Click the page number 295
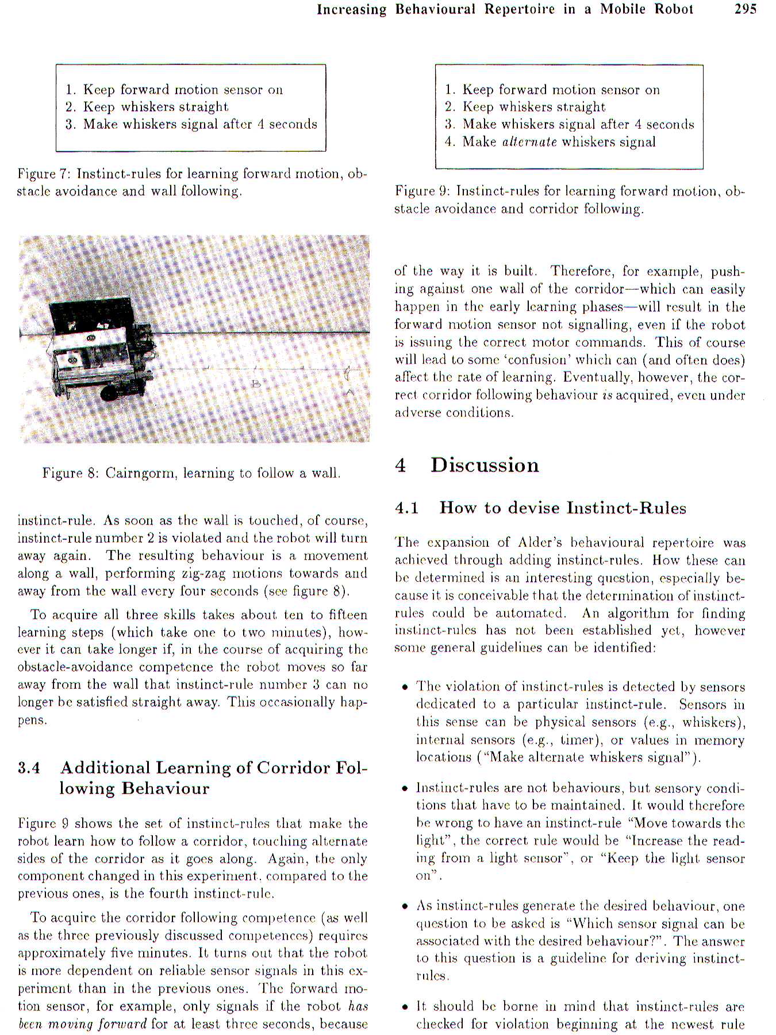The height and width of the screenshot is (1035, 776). pos(746,9)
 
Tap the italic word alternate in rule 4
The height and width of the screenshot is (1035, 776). pos(529,142)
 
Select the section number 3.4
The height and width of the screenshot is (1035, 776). pos(29,768)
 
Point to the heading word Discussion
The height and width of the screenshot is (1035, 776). pos(485,465)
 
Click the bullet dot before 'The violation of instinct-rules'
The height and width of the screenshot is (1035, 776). pos(405,688)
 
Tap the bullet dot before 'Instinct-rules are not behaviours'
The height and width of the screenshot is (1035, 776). pos(405,789)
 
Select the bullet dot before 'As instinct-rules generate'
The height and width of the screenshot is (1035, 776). pos(405,907)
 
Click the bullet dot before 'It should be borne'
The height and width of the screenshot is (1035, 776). pos(405,1007)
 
